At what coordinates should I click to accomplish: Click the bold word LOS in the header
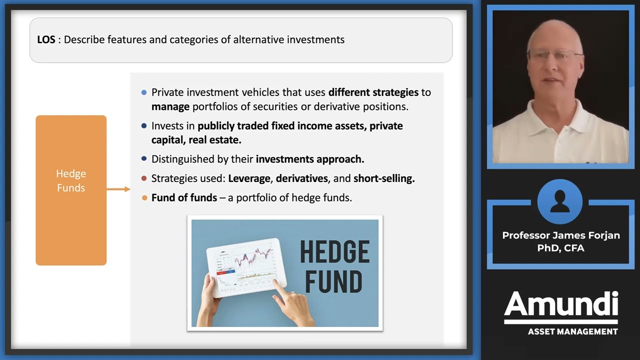pyautogui.click(x=46, y=39)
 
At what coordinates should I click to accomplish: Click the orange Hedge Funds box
pyautogui.click(x=71, y=190)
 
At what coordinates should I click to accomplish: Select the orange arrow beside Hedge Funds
pyautogui.click(x=118, y=189)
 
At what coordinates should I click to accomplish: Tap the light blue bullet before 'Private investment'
pyautogui.click(x=144, y=92)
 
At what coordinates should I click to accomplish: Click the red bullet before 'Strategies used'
pyautogui.click(x=144, y=178)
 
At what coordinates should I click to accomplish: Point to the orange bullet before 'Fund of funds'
pyautogui.click(x=144, y=198)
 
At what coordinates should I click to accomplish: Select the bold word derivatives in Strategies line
pyautogui.click(x=302, y=178)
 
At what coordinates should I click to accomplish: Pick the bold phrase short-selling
pyautogui.click(x=383, y=178)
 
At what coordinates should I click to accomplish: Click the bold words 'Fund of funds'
pyautogui.click(x=184, y=198)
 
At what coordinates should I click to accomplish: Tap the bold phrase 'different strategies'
pyautogui.click(x=373, y=92)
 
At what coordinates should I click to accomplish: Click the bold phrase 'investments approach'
pyautogui.click(x=309, y=159)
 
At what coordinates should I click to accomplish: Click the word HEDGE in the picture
pyautogui.click(x=334, y=252)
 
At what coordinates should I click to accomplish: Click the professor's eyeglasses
pyautogui.click(x=555, y=54)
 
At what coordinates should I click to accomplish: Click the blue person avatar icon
pyautogui.click(x=560, y=201)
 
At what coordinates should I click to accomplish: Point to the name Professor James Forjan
pyautogui.click(x=561, y=235)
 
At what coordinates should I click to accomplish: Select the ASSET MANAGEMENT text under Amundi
pyautogui.click(x=572, y=331)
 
